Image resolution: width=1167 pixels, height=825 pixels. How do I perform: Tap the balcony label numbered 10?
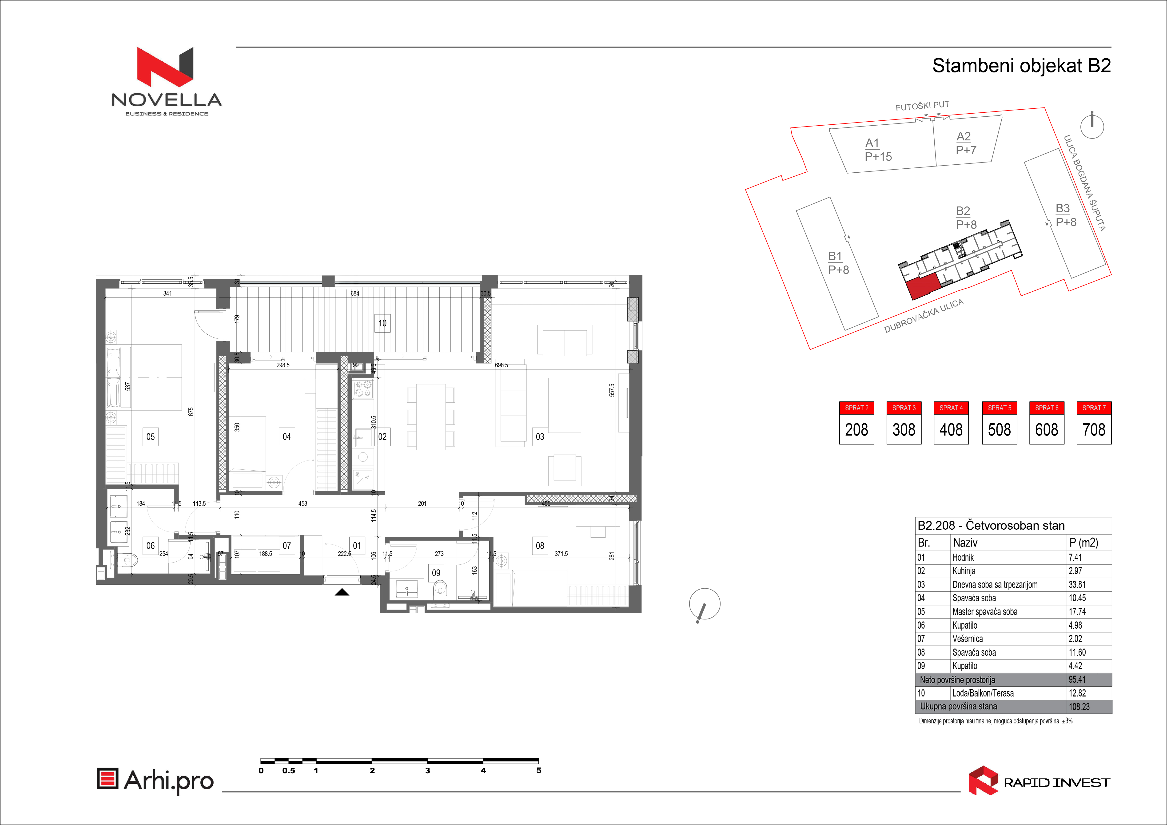pyautogui.click(x=382, y=323)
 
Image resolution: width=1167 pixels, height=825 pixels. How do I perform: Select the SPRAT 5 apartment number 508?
pyautogui.click(x=999, y=430)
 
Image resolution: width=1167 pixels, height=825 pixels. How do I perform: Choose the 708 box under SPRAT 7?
pyautogui.click(x=1094, y=430)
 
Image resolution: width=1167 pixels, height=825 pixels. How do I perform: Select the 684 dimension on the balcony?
pyautogui.click(x=355, y=293)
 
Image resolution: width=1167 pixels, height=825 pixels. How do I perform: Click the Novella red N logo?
pyautogui.click(x=165, y=67)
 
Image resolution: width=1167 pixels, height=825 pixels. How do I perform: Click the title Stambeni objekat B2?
pyautogui.click(x=1022, y=66)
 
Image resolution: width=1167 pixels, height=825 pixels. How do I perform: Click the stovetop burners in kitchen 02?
pyautogui.click(x=363, y=389)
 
